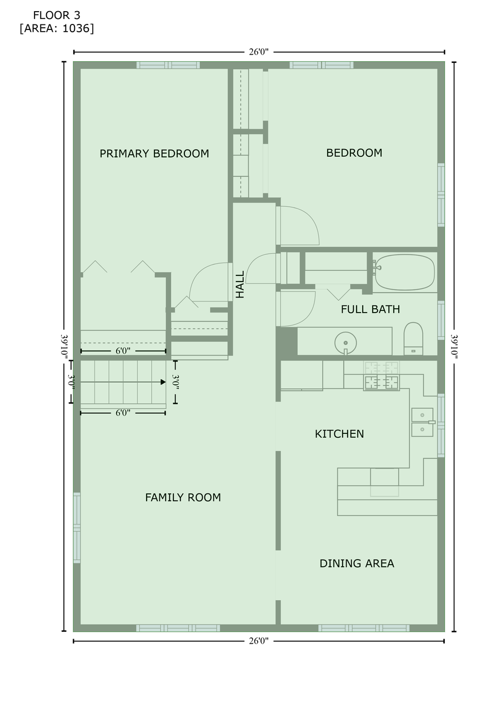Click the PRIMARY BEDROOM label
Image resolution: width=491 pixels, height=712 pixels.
tap(154, 154)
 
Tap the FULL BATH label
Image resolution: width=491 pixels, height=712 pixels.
tap(370, 309)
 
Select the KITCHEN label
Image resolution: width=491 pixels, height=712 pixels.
tap(339, 434)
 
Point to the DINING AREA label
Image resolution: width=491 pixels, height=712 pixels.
tap(357, 563)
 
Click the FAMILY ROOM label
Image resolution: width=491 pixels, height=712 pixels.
tap(183, 497)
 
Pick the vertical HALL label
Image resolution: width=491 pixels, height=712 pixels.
tap(240, 284)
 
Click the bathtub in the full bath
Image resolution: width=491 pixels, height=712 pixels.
tap(404, 273)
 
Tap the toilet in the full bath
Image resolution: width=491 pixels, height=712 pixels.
tap(413, 339)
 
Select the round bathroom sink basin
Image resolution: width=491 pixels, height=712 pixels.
tap(345, 343)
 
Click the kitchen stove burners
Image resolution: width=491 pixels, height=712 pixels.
tap(381, 376)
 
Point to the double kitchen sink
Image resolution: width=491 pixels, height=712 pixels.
tap(422, 422)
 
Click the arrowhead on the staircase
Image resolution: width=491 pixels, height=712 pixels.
tap(163, 382)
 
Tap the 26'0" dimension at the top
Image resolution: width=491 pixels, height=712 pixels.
tap(259, 52)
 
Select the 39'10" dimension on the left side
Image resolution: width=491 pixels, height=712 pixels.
tap(64, 347)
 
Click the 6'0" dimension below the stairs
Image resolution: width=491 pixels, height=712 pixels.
tap(123, 413)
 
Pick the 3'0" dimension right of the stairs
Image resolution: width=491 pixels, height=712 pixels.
tap(176, 382)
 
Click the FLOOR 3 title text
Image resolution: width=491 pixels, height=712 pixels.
tap(57, 15)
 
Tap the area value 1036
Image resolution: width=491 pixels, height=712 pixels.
tap(77, 28)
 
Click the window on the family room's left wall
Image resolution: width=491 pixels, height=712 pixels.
tap(77, 528)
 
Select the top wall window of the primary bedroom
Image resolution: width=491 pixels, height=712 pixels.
tap(168, 65)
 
